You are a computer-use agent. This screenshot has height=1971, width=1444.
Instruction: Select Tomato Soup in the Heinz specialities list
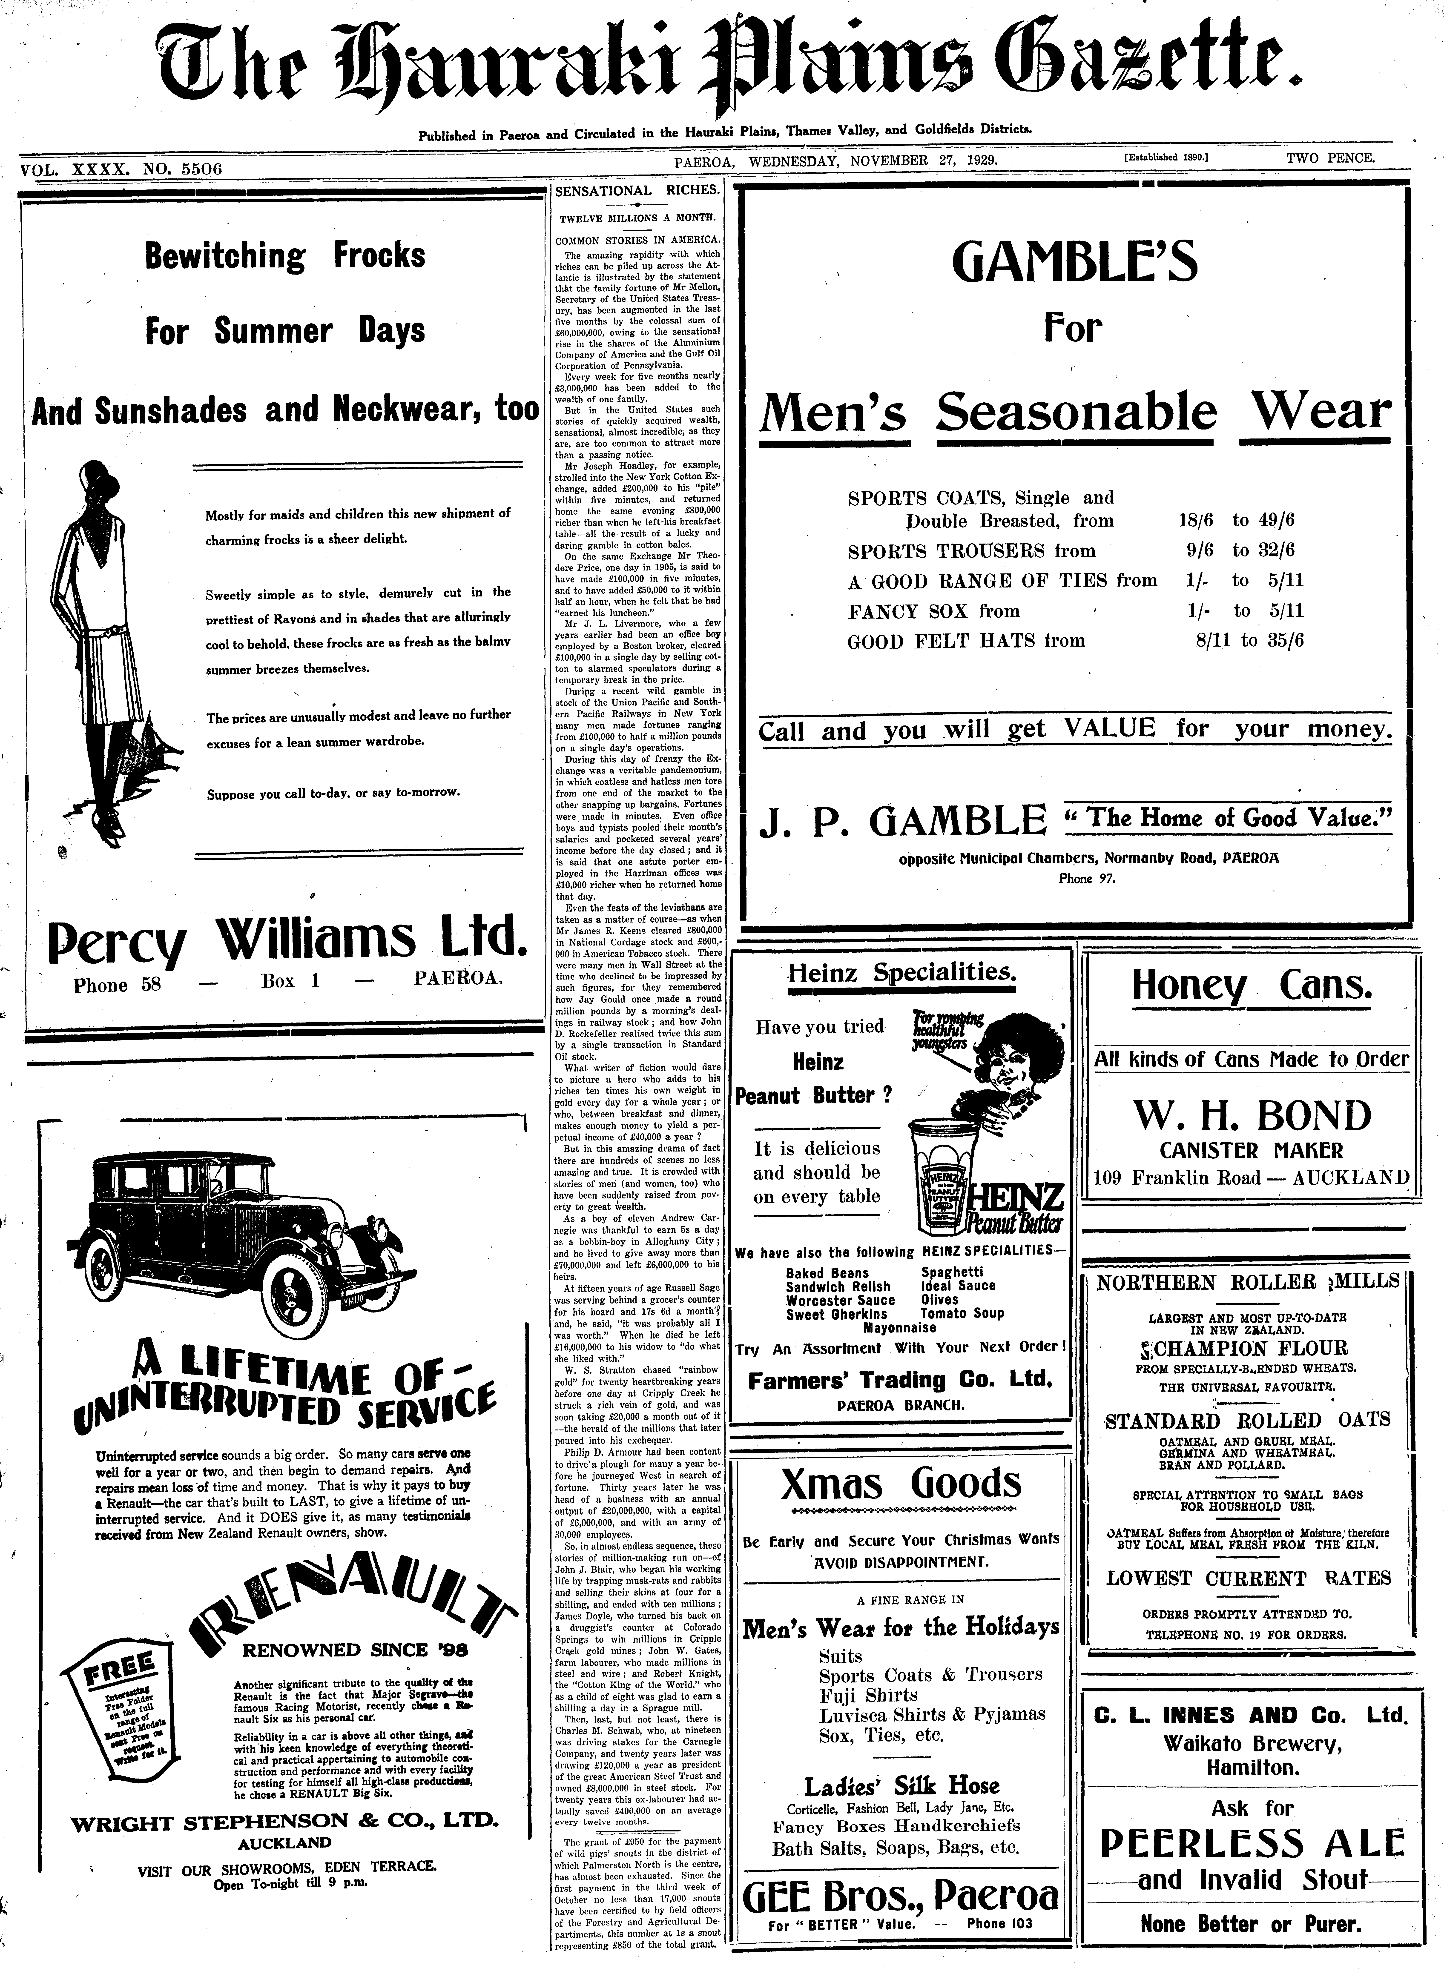point(962,1313)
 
